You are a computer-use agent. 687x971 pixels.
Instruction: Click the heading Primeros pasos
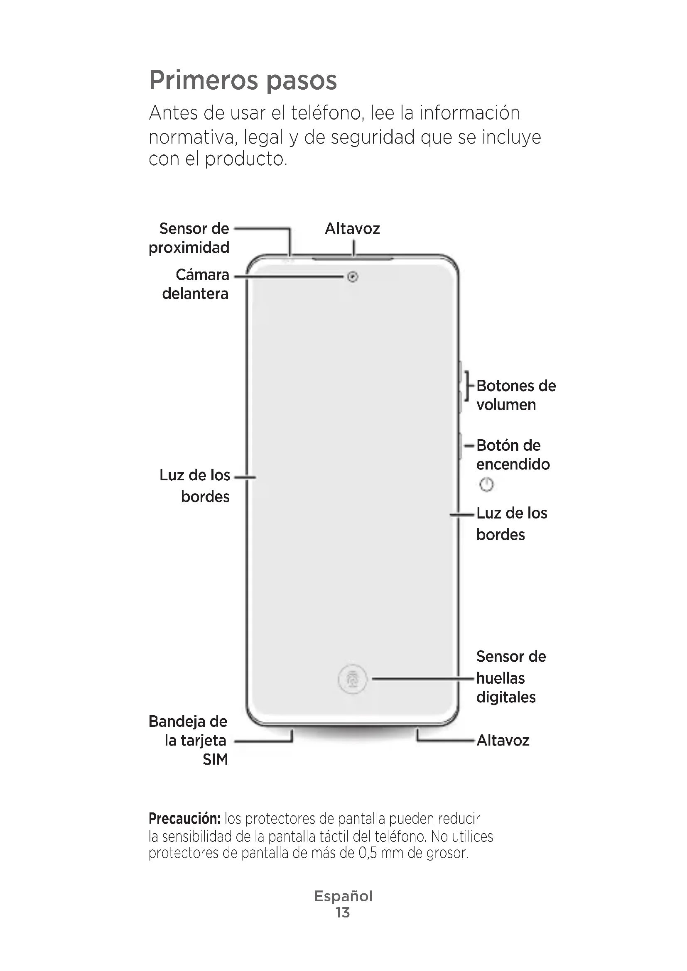tap(243, 81)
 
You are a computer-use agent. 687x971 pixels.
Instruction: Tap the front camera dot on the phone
tap(352, 277)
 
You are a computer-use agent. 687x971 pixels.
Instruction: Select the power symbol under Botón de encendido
tap(486, 484)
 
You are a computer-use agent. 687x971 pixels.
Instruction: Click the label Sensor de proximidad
tap(189, 238)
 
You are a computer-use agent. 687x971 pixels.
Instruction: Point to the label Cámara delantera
tap(196, 284)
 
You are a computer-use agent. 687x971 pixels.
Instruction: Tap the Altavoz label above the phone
tap(352, 229)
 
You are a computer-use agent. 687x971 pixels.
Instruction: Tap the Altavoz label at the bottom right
tap(503, 740)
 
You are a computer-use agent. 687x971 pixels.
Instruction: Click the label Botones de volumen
tap(516, 395)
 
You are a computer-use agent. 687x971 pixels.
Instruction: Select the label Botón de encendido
tap(513, 455)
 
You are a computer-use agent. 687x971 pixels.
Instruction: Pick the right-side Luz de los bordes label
tap(511, 523)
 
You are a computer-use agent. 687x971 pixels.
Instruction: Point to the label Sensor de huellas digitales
tap(510, 677)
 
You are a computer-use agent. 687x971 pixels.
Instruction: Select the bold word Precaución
tap(184, 819)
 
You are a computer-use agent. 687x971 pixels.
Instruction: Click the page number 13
tap(343, 912)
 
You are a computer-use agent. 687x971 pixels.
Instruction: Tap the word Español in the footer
tap(343, 896)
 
